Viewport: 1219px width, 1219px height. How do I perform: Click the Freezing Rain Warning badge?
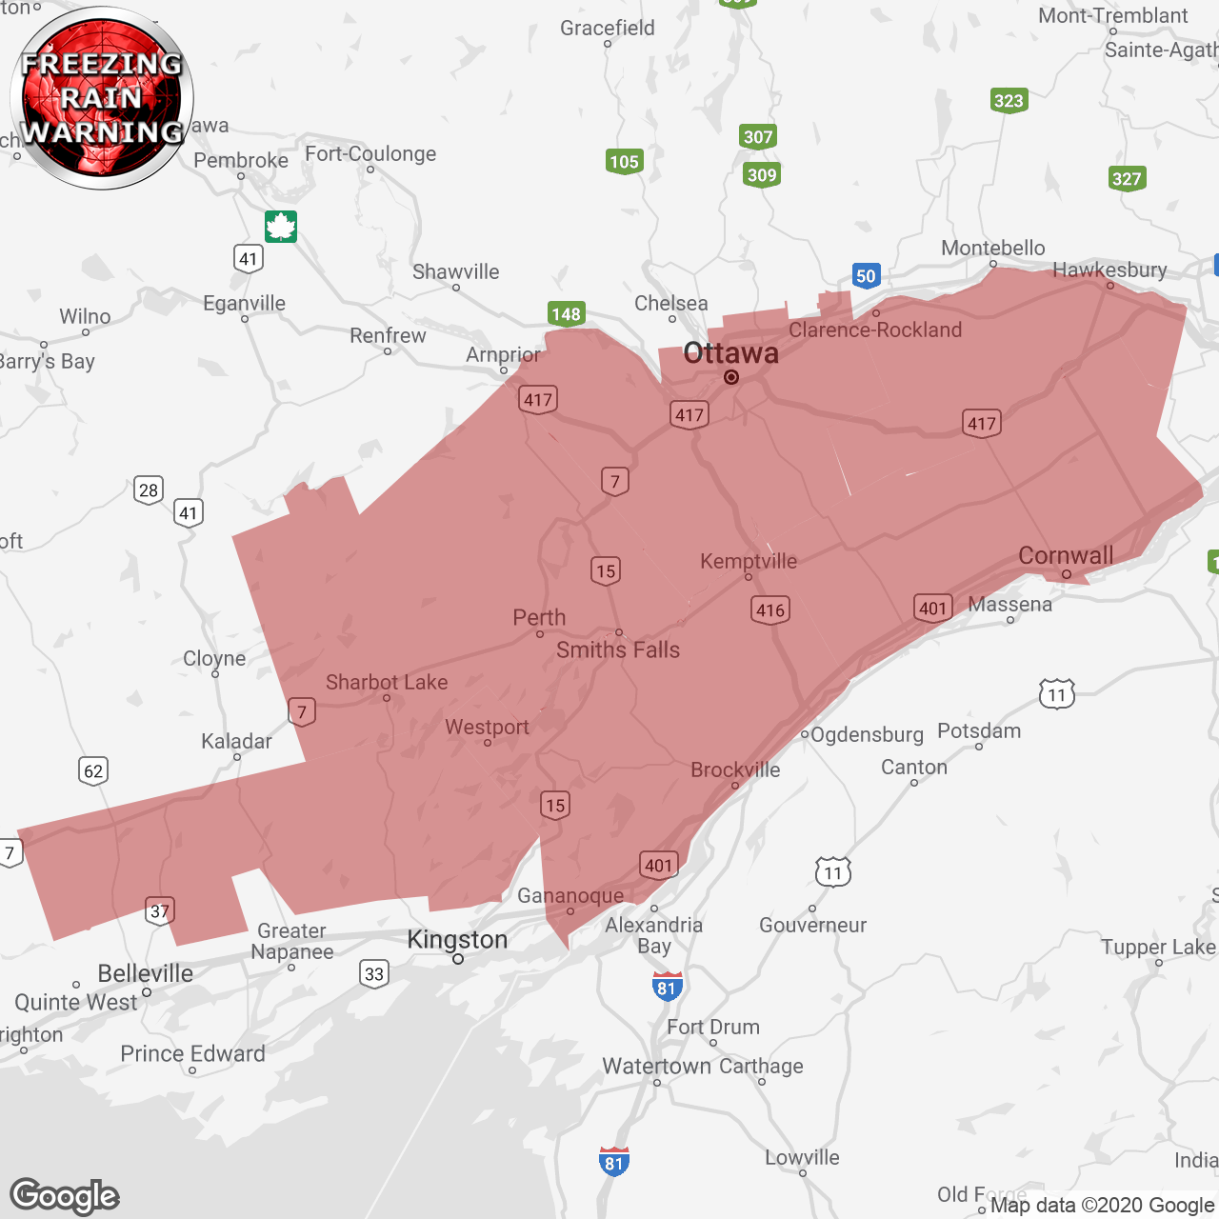click(x=102, y=97)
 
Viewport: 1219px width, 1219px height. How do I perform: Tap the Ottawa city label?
click(x=730, y=353)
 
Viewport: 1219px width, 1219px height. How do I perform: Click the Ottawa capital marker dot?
click(x=731, y=377)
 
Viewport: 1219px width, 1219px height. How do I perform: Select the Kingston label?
click(x=457, y=940)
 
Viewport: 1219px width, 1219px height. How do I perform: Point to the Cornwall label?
click(x=1066, y=555)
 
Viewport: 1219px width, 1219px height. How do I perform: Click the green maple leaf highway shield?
click(x=281, y=227)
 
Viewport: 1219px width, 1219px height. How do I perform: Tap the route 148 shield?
click(x=566, y=313)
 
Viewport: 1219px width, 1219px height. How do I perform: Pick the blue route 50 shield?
click(x=865, y=276)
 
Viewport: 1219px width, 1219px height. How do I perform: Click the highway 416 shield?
click(x=769, y=609)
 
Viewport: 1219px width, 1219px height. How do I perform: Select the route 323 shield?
click(x=1009, y=100)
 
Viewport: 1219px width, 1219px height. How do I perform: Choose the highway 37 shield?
click(x=159, y=910)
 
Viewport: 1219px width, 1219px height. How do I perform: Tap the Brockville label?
click(x=735, y=769)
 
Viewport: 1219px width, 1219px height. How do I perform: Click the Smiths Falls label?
click(x=618, y=649)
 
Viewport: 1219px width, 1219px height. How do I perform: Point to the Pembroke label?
click(x=241, y=160)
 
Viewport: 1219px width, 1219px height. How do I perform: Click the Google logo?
click(x=65, y=1196)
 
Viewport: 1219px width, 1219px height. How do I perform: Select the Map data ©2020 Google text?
click(x=1102, y=1205)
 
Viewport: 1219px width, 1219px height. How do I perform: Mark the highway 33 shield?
click(x=374, y=973)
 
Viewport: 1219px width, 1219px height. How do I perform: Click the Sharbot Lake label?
click(x=387, y=682)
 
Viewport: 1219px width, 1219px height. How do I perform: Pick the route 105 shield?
click(x=624, y=161)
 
